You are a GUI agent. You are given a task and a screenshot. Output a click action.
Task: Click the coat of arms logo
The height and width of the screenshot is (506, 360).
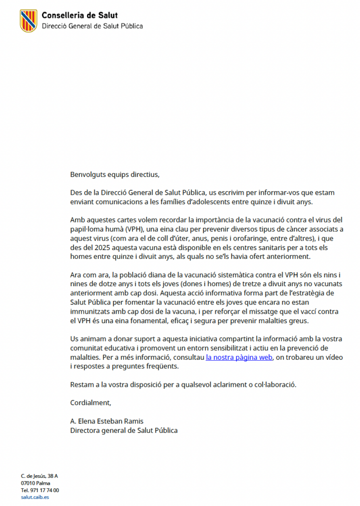[x=28, y=21]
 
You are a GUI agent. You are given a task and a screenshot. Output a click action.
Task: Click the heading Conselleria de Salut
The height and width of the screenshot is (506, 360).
[x=80, y=16]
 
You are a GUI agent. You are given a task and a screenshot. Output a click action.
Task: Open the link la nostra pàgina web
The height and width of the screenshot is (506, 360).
[x=239, y=357]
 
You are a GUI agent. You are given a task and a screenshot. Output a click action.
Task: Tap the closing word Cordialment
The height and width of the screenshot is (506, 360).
[x=90, y=403]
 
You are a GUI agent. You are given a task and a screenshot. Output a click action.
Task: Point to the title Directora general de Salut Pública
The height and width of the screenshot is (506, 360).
[x=124, y=430]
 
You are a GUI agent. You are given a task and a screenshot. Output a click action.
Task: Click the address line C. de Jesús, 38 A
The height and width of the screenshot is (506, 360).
[x=40, y=476]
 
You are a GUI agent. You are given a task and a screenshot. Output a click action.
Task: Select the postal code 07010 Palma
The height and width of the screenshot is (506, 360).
[x=36, y=483]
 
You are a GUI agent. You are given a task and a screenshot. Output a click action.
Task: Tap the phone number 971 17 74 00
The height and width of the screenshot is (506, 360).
[x=45, y=490]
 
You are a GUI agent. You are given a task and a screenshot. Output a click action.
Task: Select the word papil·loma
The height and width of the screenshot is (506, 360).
[x=88, y=229]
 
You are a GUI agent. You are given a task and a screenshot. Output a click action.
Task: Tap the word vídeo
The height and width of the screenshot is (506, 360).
[x=333, y=357]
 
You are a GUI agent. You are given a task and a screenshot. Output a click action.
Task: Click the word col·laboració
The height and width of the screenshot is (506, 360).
[x=274, y=384]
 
